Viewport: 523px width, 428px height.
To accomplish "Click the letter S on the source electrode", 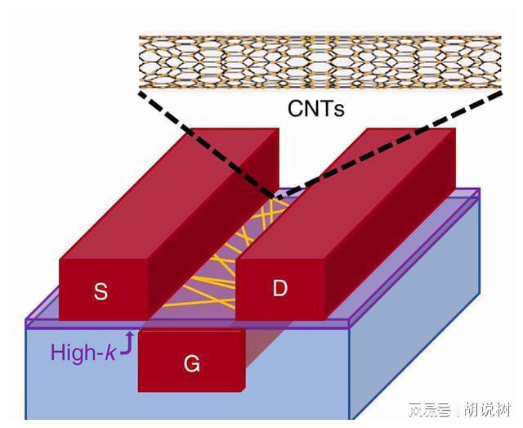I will click(x=101, y=292).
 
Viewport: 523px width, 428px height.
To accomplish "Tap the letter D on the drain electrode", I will click(x=280, y=288).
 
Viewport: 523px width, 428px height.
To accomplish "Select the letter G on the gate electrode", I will click(x=191, y=364).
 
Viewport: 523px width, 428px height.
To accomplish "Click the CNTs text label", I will click(x=315, y=106).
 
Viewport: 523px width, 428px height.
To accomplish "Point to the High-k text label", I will click(x=83, y=354).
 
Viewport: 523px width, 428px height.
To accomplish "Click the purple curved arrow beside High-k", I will click(x=127, y=346).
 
